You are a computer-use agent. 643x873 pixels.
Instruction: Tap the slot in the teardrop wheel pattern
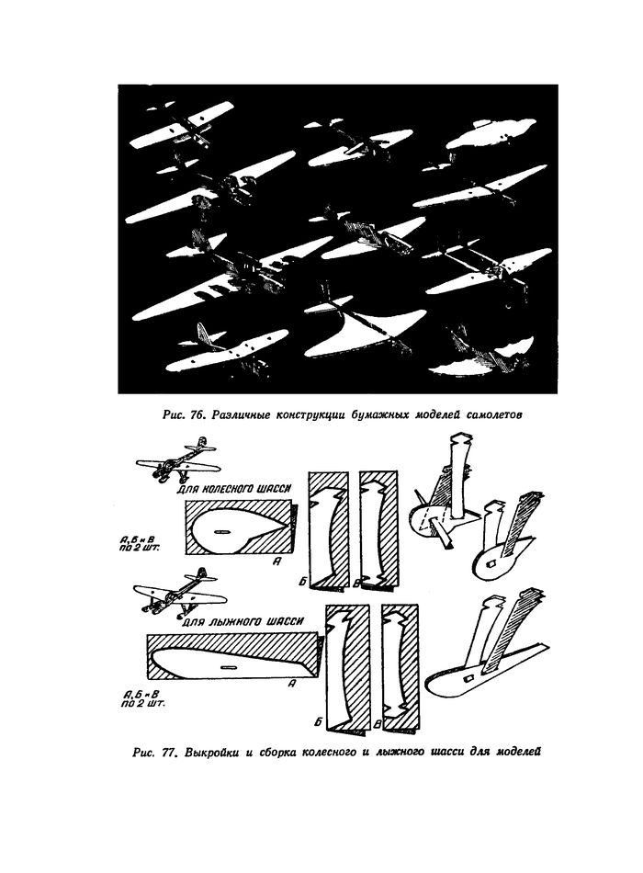(x=221, y=530)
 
